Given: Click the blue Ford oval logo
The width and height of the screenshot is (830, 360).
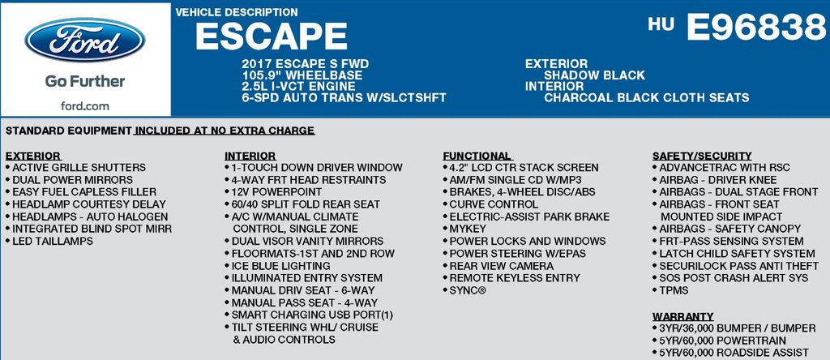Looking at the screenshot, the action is click(84, 39).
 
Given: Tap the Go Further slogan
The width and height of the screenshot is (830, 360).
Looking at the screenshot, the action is click(84, 81).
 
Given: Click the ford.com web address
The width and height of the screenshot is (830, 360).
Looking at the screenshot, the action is click(84, 106).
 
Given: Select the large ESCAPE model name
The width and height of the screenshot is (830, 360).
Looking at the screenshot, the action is click(271, 36).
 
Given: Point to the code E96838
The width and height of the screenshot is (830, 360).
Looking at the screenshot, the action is click(756, 27).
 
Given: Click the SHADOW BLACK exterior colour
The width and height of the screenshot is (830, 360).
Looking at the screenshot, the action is click(594, 75).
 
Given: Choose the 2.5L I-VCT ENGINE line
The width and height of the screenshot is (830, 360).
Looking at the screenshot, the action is click(298, 86).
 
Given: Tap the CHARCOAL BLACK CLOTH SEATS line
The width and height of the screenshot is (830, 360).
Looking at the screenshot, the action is click(646, 97).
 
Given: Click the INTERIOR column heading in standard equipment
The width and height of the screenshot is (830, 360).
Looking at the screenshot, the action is click(250, 156).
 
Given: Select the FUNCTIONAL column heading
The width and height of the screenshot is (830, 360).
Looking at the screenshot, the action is click(477, 156).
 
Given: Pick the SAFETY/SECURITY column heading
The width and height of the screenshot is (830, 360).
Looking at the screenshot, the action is click(702, 156).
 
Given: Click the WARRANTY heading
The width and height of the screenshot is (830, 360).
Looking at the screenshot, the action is click(682, 316).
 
